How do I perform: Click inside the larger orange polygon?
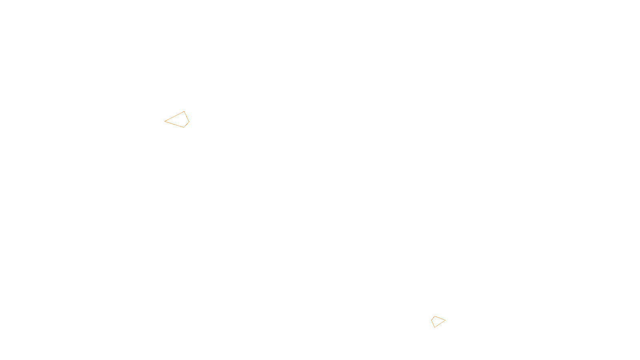(179, 120)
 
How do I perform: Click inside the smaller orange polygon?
(438, 321)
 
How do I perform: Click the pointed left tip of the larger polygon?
(165, 121)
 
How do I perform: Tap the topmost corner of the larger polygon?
(184, 112)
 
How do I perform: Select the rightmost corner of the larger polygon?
(189, 122)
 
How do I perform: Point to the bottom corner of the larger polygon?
(184, 127)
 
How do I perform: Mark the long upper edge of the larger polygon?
(174, 116)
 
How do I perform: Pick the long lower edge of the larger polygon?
(174, 124)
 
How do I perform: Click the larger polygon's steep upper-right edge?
(186, 116)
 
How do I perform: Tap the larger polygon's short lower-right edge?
(186, 124)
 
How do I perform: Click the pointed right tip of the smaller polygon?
(445, 320)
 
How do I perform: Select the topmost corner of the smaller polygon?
(434, 316)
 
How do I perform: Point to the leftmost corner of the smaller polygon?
(432, 320)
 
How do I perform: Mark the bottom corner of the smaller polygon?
(434, 327)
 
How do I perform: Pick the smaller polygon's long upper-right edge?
(440, 318)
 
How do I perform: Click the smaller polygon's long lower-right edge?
(440, 324)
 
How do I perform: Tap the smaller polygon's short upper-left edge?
(433, 318)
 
